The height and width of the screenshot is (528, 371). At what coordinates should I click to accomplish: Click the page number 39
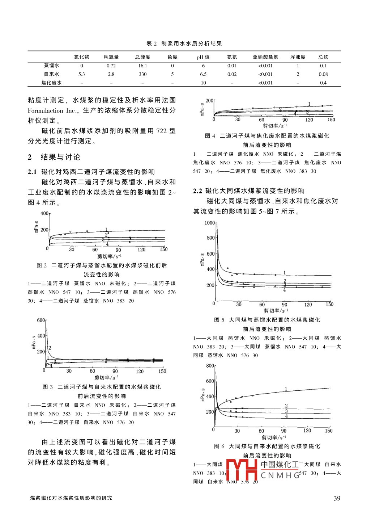click(x=337, y=498)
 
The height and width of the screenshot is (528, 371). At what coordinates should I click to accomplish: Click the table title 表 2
click(x=152, y=43)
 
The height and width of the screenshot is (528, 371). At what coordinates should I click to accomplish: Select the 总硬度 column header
click(x=142, y=57)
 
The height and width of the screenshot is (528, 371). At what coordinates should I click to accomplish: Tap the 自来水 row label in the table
click(x=51, y=74)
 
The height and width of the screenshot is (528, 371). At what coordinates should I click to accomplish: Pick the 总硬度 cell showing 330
click(x=142, y=74)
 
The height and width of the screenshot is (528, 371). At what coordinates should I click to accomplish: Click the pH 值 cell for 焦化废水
click(x=203, y=83)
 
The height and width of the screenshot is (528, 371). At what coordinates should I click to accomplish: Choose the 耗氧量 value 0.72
click(x=111, y=66)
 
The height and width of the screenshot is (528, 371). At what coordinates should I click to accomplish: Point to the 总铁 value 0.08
click(x=323, y=74)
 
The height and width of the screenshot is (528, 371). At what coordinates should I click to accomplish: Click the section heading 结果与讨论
click(x=60, y=157)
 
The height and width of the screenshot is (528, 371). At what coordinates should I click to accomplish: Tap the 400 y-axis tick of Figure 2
click(x=44, y=213)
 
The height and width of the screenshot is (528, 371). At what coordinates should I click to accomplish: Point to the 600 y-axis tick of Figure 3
click(x=41, y=320)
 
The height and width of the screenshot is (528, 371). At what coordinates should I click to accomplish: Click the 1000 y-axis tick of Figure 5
click(x=210, y=223)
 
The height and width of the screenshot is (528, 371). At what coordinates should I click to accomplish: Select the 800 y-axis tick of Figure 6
click(x=210, y=366)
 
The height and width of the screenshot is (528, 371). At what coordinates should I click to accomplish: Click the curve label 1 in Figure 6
click(x=286, y=389)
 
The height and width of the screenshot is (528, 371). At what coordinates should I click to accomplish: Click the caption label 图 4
click(x=210, y=136)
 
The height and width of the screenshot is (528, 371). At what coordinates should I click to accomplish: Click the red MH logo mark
click(x=242, y=470)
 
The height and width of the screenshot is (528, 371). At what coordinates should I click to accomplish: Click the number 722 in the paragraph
click(x=161, y=131)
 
